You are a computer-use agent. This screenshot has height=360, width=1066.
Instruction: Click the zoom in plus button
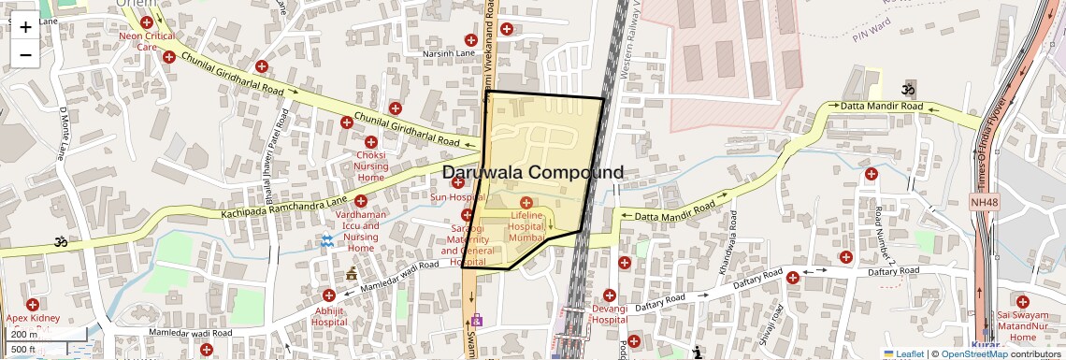click(25, 27)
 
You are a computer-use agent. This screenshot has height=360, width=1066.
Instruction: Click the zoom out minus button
click(25, 54)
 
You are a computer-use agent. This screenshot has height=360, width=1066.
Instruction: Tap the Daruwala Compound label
click(532, 173)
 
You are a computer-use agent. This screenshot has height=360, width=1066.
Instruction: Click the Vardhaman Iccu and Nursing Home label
click(361, 231)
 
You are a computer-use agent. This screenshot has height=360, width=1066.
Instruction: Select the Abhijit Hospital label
click(329, 316)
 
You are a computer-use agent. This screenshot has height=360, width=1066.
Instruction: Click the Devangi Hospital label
click(609, 313)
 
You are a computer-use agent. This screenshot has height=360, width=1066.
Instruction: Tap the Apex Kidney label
click(33, 318)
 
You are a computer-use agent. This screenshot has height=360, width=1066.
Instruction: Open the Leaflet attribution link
click(903, 353)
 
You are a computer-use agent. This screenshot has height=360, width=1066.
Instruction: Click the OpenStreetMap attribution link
click(974, 353)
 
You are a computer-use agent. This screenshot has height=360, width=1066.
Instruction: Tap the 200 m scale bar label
click(24, 334)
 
